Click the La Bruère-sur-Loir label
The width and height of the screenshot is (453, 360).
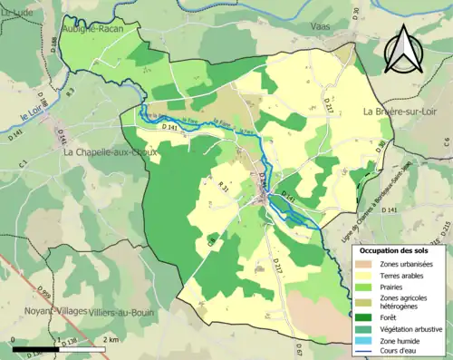405,112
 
